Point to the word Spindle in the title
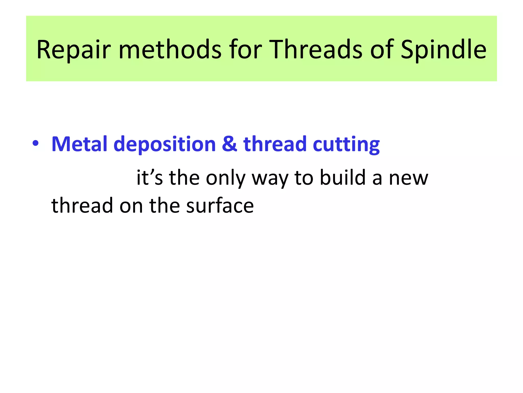point(443,50)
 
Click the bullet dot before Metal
point(35,143)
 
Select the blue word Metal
point(80,144)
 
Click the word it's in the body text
point(150,178)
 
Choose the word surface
point(220,205)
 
